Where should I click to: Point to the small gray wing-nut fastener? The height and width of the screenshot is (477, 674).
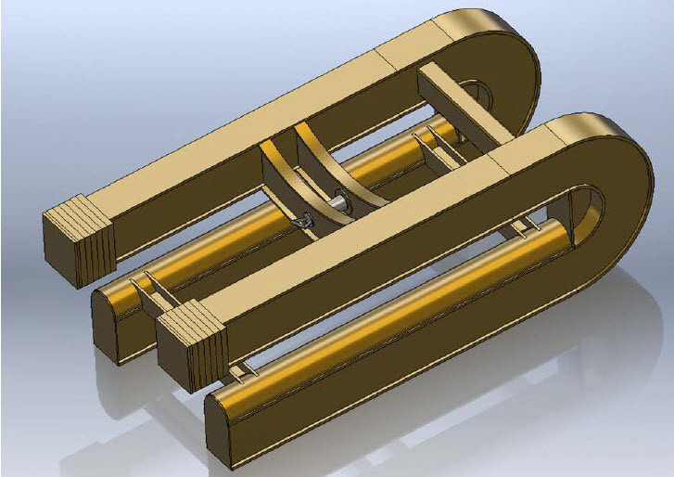point(304,221)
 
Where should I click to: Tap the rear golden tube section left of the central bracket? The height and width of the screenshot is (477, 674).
point(213,251)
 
